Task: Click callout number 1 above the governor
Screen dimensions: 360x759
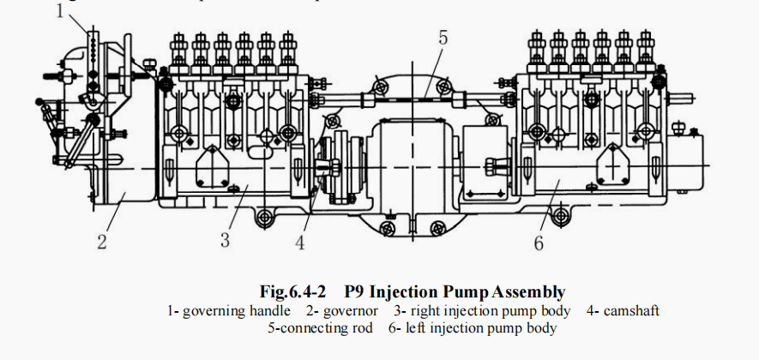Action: (x=59, y=11)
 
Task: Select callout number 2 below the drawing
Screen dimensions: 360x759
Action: (x=101, y=243)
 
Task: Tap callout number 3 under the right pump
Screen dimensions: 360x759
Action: (x=226, y=240)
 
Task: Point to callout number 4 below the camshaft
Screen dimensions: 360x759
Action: (x=300, y=243)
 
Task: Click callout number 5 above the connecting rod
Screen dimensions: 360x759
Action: (x=443, y=38)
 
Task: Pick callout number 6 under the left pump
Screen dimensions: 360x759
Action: (x=539, y=243)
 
